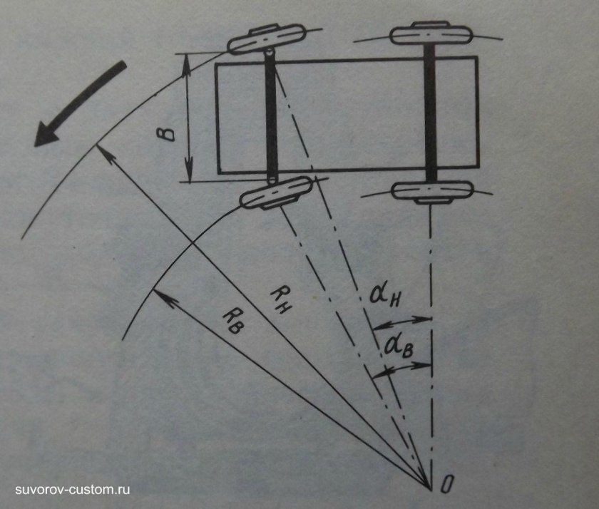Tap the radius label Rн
click(281, 300)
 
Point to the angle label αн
click(385, 295)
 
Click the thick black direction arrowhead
click(46, 133)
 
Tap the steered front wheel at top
click(267, 39)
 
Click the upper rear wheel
click(431, 34)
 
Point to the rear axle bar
click(431, 113)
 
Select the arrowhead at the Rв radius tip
click(163, 297)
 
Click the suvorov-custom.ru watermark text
click(73, 490)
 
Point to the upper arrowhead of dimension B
click(186, 65)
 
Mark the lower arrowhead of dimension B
click(189, 170)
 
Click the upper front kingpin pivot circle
click(270, 52)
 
